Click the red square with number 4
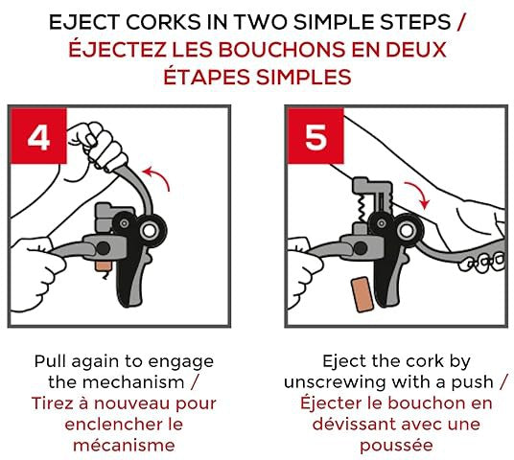38,136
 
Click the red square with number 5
315,136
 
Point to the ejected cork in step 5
362,294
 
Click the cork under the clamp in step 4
104,266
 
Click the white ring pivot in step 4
150,231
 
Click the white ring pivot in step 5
407,231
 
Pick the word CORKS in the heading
163,22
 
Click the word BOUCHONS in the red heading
282,50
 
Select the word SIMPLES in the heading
304,78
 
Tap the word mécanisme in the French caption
124,446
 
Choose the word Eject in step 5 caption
344,361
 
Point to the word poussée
396,446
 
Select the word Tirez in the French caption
53,403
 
